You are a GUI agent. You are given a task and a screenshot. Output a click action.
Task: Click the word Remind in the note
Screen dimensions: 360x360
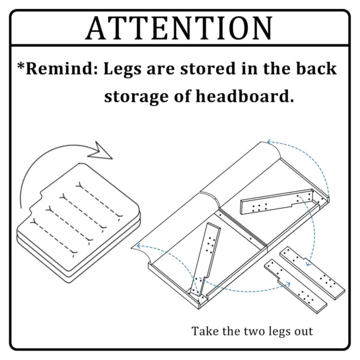coord(59,68)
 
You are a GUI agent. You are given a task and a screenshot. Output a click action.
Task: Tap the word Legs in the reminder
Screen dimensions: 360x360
coord(122,70)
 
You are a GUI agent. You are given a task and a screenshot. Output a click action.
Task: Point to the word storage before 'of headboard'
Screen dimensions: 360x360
coord(137,97)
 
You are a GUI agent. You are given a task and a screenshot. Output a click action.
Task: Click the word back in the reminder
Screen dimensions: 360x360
coord(316,68)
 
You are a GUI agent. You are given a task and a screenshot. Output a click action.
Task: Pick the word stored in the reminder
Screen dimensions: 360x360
coord(208,68)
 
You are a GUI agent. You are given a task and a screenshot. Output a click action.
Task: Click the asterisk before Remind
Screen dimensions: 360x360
coord(21,66)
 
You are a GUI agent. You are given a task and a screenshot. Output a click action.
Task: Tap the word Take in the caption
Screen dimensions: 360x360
coord(205,331)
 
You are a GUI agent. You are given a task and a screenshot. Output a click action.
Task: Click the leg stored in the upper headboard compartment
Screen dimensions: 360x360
coord(277,201)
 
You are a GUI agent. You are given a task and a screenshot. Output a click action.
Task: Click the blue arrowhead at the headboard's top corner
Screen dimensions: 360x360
coord(269,142)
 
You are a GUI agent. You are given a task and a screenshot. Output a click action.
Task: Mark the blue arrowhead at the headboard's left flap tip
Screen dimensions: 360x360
coord(139,246)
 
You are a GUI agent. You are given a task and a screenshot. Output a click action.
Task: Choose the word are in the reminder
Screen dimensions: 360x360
coord(161,70)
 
